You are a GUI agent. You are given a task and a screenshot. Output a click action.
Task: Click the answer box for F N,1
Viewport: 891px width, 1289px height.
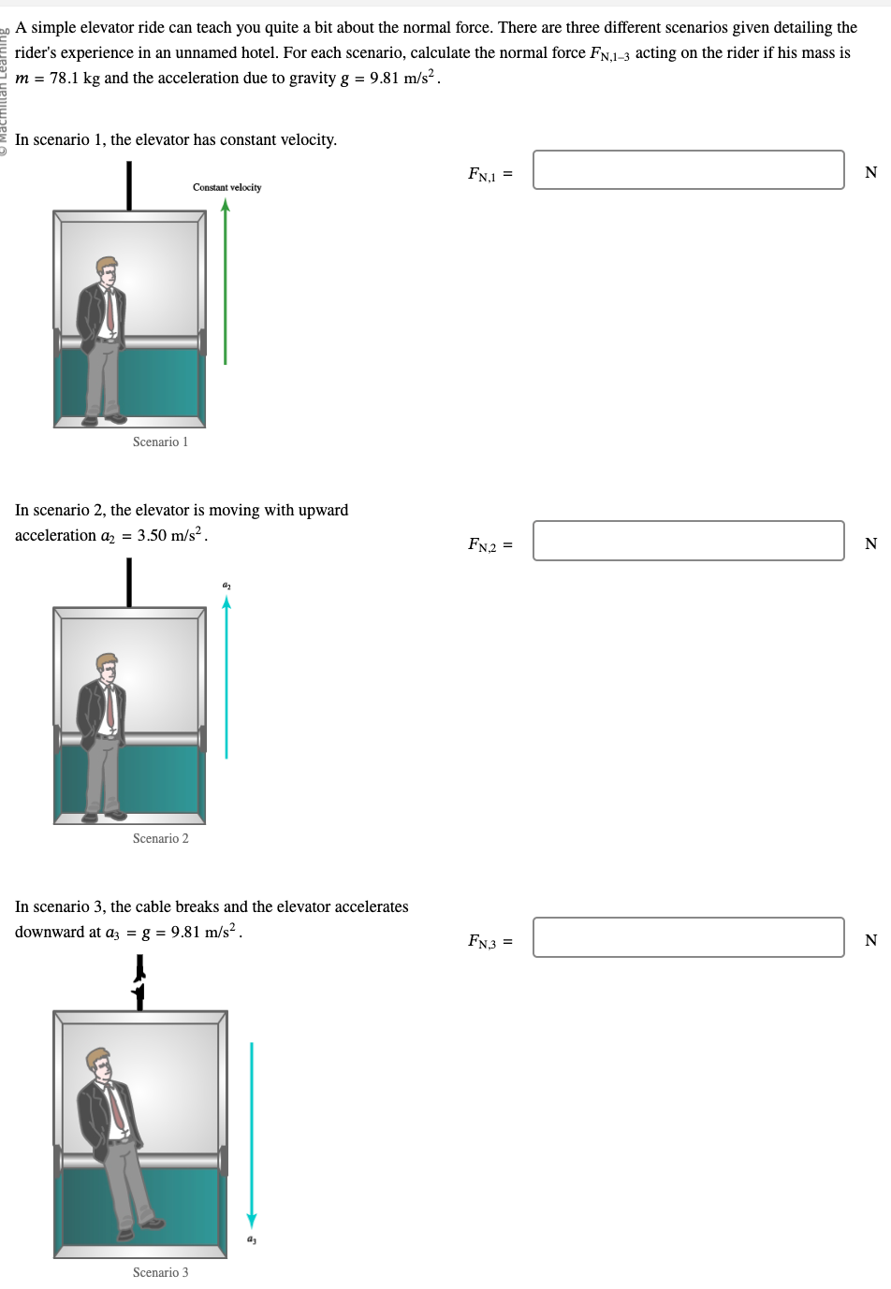pyautogui.click(x=688, y=170)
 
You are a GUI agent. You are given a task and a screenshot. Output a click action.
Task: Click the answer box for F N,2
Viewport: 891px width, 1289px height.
pyautogui.click(x=688, y=541)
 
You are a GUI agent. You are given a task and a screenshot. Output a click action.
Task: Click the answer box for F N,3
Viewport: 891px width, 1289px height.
pyautogui.click(x=688, y=937)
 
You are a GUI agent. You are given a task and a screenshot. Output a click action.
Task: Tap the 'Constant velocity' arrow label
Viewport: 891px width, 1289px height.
pyautogui.click(x=226, y=187)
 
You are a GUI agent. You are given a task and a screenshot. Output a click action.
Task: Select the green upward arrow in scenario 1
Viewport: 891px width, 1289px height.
pyautogui.click(x=226, y=281)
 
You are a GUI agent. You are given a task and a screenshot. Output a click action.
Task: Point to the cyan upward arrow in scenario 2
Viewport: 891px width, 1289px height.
pyautogui.click(x=226, y=678)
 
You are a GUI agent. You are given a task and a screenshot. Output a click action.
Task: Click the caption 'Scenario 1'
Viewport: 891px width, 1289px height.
pyautogui.click(x=160, y=442)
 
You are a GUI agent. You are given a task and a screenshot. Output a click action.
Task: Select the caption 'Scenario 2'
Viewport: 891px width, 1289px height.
pyautogui.click(x=160, y=838)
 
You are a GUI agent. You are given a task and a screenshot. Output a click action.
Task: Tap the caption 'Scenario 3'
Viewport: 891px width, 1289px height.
pyautogui.click(x=160, y=1272)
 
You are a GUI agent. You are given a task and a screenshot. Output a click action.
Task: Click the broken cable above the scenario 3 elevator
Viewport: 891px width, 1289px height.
pyautogui.click(x=139, y=982)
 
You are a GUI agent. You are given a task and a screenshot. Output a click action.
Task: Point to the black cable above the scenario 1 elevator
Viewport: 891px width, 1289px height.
pyautogui.click(x=129, y=185)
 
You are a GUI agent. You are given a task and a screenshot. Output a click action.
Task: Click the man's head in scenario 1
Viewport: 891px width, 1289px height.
pyautogui.click(x=107, y=271)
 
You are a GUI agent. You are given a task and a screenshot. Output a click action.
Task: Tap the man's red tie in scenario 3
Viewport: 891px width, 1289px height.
pyautogui.click(x=116, y=1108)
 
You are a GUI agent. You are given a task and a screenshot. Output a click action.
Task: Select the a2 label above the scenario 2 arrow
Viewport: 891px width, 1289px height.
pyautogui.click(x=226, y=586)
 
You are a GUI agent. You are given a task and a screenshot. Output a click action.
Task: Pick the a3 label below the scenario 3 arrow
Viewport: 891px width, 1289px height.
pyautogui.click(x=251, y=1239)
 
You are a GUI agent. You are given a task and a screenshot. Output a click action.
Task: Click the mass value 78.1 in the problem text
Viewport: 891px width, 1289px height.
pyautogui.click(x=64, y=78)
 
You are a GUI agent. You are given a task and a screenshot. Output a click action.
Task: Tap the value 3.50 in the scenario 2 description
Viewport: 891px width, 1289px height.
pyautogui.click(x=151, y=535)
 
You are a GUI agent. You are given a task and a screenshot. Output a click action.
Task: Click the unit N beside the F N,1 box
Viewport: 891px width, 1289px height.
pyautogui.click(x=870, y=172)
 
